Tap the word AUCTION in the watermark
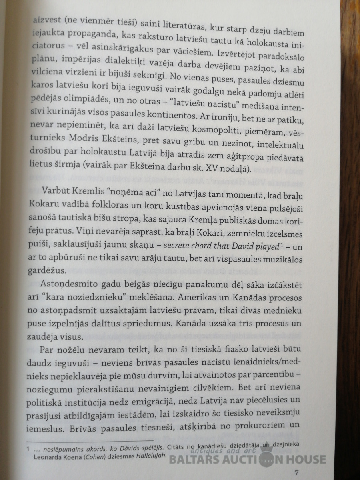(x=234, y=460)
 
